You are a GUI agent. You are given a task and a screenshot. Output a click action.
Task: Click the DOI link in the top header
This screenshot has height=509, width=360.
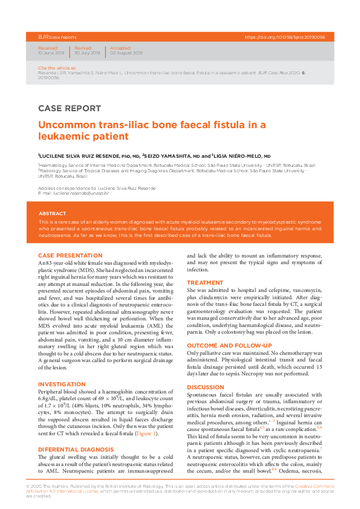point(285,37)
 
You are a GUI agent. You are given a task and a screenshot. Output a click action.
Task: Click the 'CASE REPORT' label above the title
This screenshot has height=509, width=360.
point(70,109)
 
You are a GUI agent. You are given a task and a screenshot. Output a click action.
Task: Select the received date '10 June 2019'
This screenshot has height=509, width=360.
point(51,53)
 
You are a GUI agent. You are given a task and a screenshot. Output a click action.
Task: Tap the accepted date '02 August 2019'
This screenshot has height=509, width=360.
point(126,53)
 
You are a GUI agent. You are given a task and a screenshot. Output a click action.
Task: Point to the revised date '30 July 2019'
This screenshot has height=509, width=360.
point(88,53)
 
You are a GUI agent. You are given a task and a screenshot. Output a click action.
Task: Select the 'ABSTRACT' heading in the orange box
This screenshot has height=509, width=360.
point(53,213)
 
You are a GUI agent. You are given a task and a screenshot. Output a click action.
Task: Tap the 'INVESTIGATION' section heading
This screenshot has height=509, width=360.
point(57,384)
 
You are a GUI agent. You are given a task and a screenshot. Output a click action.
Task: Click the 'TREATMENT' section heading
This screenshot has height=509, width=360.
point(205,283)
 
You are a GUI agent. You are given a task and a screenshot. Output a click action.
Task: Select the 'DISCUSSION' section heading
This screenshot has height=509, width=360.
point(205,387)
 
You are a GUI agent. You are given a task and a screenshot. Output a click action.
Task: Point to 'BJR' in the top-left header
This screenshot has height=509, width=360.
point(42,37)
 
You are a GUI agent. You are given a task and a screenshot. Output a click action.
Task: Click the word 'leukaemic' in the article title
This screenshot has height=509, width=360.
point(64,137)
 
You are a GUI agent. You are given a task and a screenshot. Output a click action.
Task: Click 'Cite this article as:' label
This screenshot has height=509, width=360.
point(53,69)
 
